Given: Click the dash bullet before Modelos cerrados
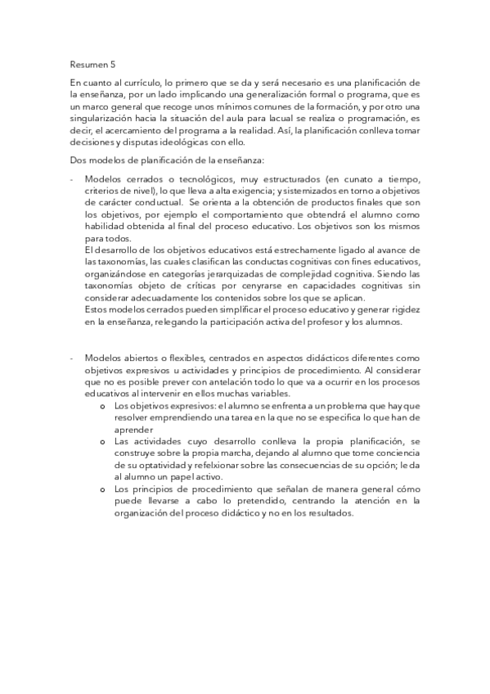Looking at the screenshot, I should (72, 179).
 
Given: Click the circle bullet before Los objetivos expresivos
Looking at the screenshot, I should (102, 405).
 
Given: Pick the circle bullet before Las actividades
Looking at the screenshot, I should (102, 440).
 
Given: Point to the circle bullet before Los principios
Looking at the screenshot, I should (102, 488).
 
